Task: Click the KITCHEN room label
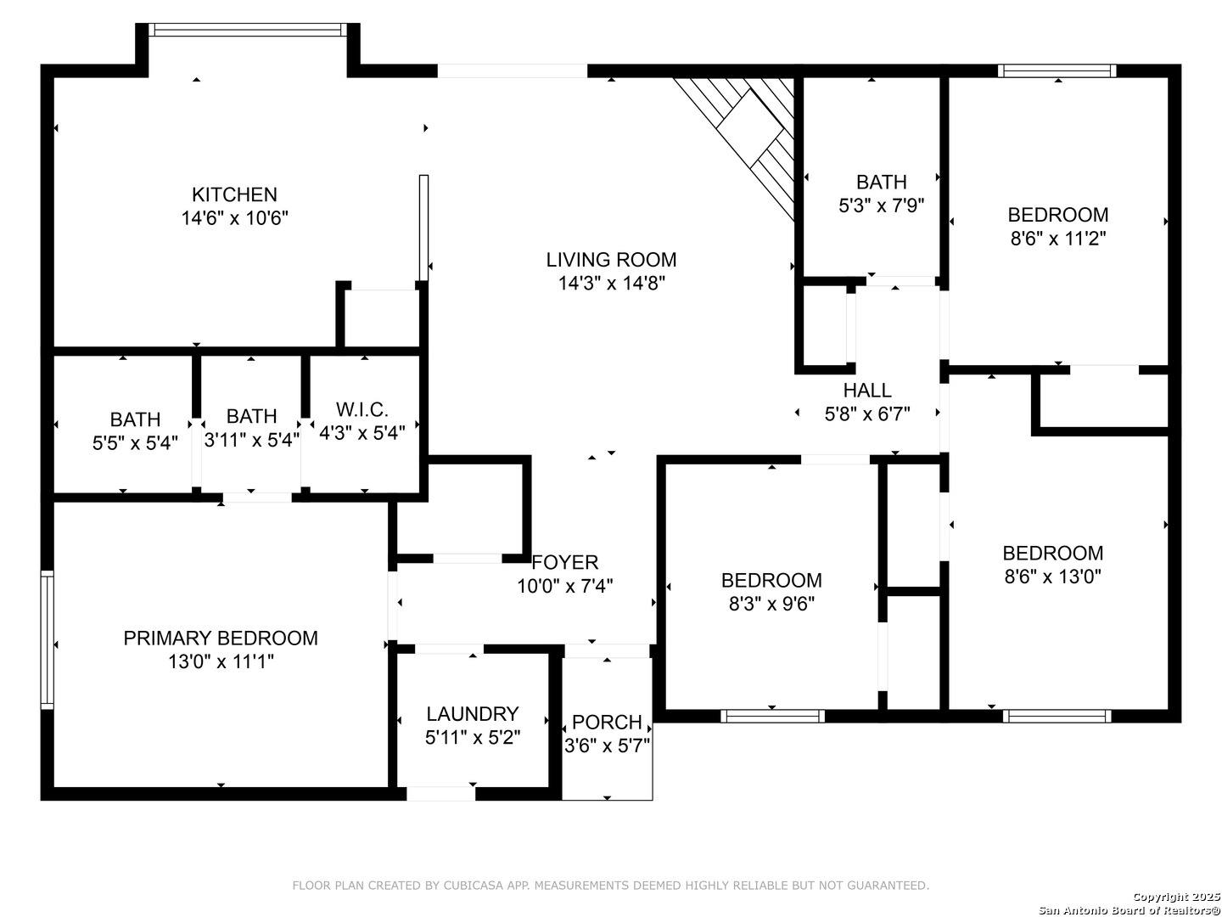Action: (234, 194)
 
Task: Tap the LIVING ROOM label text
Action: (611, 260)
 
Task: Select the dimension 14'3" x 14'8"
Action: (612, 284)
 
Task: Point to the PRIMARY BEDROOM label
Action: (221, 638)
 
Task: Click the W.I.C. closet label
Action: (362, 410)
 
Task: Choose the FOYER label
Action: (564, 562)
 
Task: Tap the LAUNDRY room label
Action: (473, 714)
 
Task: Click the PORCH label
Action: (607, 722)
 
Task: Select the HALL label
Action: (867, 391)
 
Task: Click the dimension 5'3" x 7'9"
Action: (882, 206)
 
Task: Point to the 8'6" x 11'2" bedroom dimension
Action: (1057, 239)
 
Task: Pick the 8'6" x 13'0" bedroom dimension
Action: (1053, 577)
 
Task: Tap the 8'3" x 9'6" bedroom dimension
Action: (771, 604)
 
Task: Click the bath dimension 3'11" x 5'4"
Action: (252, 441)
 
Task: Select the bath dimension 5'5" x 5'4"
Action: (135, 443)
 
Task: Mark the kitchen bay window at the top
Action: (248, 30)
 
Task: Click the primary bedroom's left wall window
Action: (48, 640)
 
